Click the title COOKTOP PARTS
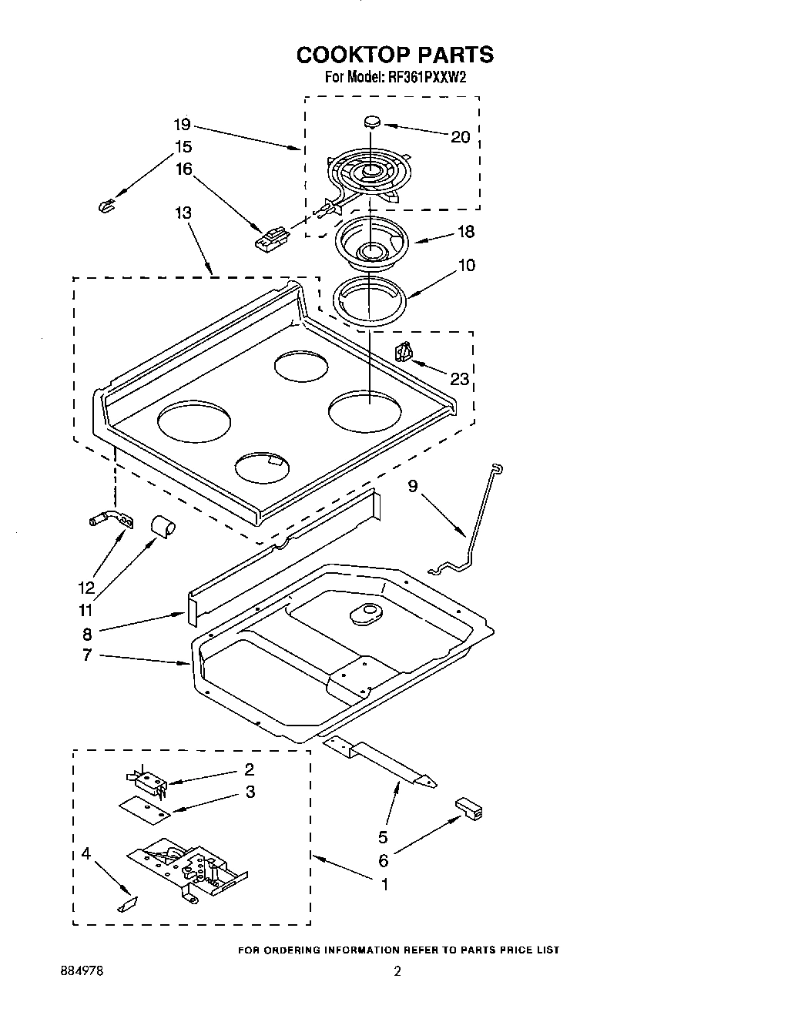[394, 55]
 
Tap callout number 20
[460, 137]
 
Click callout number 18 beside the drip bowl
[465, 232]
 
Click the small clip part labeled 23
[404, 353]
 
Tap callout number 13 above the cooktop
[183, 213]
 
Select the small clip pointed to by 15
[106, 204]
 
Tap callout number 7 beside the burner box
[87, 655]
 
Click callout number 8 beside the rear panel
[87, 634]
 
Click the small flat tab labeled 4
[126, 903]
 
